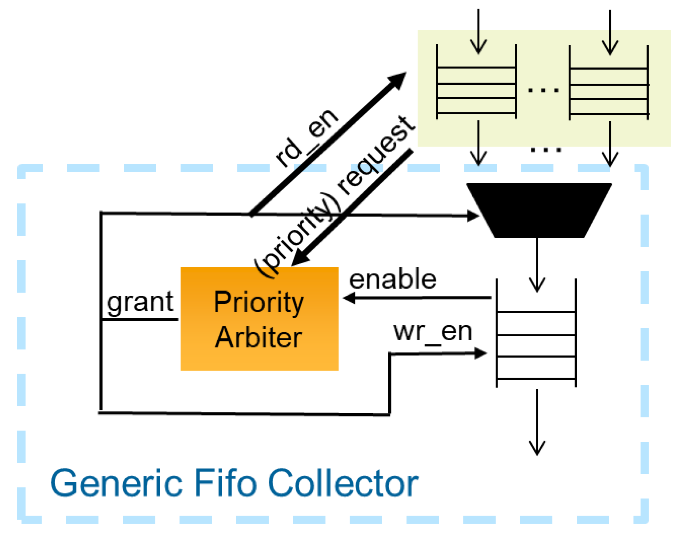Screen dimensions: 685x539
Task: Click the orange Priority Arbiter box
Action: [259, 319]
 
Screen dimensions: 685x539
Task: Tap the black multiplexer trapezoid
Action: [539, 210]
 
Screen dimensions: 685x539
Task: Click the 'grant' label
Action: [140, 303]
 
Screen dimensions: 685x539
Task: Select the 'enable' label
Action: [392, 279]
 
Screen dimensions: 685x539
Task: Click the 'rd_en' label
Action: [306, 138]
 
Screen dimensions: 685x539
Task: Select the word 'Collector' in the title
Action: [343, 483]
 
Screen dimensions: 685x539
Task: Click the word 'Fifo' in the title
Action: [225, 483]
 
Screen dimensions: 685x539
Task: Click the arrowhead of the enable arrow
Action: [349, 298]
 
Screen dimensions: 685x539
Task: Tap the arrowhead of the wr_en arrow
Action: [480, 353]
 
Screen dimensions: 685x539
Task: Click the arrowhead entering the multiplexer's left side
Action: [473, 216]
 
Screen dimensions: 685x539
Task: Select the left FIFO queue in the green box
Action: [476, 82]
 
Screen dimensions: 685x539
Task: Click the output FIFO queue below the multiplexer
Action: [536, 333]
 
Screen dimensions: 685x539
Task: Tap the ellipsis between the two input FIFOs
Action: [543, 90]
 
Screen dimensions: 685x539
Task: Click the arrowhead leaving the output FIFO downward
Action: [537, 448]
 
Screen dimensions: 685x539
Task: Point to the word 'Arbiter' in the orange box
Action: [258, 338]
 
